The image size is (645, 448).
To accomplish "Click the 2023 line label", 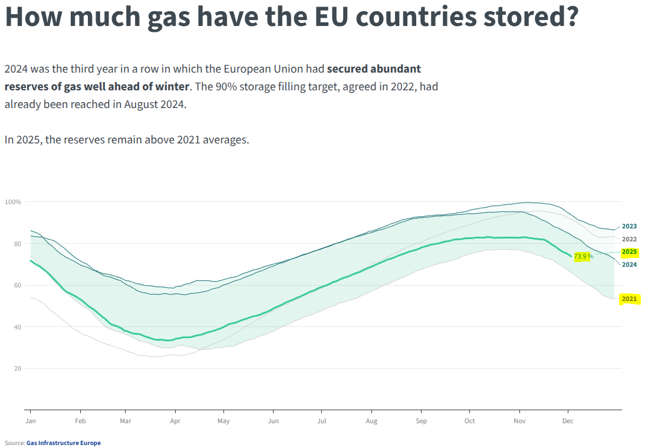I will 629,227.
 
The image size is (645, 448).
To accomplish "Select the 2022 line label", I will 629,240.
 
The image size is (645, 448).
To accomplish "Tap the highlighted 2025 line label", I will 629,252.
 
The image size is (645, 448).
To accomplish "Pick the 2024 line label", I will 629,265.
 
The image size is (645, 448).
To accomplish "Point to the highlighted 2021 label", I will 629,299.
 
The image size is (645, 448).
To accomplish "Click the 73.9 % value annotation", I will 583,256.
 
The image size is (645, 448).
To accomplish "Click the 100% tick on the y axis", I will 13,202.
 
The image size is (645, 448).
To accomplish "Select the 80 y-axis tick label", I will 18,244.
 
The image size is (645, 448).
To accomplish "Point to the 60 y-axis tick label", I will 18,286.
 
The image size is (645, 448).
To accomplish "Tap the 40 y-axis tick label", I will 18,327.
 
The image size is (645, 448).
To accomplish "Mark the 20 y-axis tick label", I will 18,369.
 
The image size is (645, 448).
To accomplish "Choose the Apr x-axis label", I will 175,421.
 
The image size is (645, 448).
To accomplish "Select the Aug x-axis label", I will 371,421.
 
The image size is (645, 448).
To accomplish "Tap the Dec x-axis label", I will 568,421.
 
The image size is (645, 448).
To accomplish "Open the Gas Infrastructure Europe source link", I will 64,443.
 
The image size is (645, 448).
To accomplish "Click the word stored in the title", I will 532,17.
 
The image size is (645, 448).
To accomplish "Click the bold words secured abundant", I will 374,69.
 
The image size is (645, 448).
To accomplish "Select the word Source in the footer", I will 14,443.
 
